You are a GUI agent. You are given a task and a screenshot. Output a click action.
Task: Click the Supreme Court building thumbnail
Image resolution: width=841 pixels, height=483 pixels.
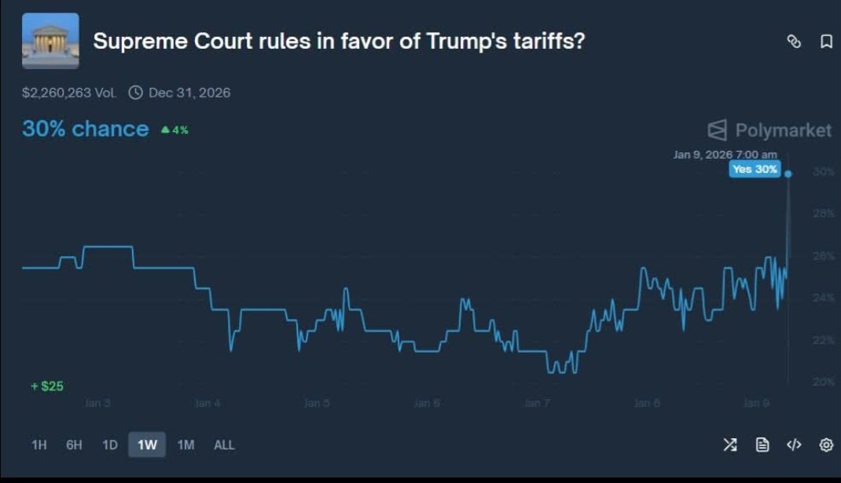[50, 41]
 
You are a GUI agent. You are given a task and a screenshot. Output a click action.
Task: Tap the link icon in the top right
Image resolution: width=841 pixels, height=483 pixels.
[794, 42]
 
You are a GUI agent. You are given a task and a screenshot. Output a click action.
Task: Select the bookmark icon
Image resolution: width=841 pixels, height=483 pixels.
[826, 42]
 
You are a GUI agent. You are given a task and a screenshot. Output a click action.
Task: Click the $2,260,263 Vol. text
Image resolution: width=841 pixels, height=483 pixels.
[69, 93]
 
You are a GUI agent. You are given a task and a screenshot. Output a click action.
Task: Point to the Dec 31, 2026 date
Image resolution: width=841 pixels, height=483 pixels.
[189, 93]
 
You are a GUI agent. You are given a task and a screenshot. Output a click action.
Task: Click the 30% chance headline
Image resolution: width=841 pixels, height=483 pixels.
[85, 129]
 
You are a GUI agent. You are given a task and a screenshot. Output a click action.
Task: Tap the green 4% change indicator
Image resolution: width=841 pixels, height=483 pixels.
[174, 130]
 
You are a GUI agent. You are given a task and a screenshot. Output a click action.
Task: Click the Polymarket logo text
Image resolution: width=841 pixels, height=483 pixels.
[782, 130]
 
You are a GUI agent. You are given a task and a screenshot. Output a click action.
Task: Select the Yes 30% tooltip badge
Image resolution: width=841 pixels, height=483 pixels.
[755, 169]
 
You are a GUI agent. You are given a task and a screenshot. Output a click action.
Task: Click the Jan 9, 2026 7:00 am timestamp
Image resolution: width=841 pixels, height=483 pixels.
[725, 155]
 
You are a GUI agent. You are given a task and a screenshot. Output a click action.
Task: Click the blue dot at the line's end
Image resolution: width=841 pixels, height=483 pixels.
[788, 174]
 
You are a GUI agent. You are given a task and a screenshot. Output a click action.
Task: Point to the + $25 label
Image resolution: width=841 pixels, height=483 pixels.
[47, 386]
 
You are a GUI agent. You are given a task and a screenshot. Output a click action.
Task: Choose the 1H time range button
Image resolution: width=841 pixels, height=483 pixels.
[39, 445]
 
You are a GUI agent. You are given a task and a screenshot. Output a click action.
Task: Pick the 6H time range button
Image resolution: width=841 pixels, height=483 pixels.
[74, 445]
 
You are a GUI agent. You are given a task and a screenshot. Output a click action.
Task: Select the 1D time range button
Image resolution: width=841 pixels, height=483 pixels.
[110, 445]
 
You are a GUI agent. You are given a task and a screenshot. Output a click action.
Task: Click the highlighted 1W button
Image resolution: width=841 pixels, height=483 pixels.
[147, 445]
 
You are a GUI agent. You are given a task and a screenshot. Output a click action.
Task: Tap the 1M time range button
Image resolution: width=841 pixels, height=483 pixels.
[185, 445]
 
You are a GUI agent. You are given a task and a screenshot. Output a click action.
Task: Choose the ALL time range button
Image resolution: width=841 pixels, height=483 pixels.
[224, 445]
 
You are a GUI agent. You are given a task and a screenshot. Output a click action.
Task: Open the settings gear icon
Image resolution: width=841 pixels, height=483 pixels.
[826, 445]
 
